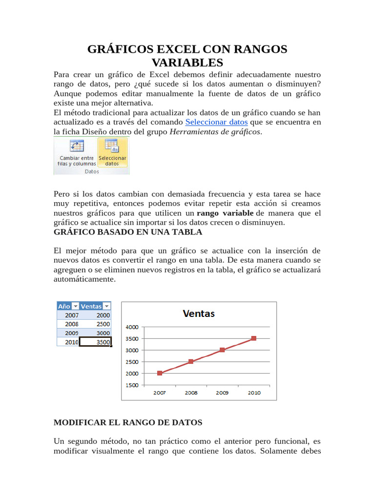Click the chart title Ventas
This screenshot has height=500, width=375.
click(199, 313)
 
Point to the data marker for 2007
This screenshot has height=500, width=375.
click(160, 373)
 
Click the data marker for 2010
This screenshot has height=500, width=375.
click(253, 338)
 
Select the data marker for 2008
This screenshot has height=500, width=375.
click(191, 361)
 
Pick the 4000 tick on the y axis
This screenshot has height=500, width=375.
click(132, 327)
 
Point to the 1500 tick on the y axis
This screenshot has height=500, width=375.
click(132, 385)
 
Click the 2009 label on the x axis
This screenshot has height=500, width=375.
click(222, 393)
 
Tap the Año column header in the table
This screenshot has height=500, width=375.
click(64, 306)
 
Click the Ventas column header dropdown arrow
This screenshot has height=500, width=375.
click(107, 306)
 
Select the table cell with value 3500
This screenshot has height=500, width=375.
click(95, 342)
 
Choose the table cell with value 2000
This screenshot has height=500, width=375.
click(95, 315)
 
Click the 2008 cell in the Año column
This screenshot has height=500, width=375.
click(68, 324)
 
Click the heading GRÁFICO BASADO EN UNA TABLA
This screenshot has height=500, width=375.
click(127, 232)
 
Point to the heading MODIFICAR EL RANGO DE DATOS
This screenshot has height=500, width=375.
click(127, 422)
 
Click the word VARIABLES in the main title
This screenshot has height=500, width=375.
click(187, 62)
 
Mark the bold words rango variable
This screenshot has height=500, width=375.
click(225, 213)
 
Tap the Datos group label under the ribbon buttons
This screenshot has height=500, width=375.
click(91, 171)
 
